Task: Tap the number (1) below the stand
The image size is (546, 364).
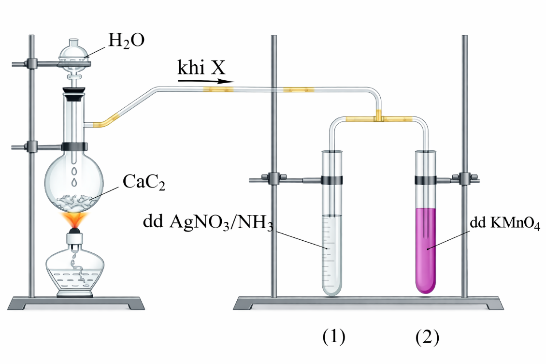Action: (x=334, y=336)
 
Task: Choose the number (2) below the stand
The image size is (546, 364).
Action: (x=428, y=336)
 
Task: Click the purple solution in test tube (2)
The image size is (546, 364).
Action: (x=427, y=251)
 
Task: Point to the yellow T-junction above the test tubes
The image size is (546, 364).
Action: (x=379, y=117)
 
